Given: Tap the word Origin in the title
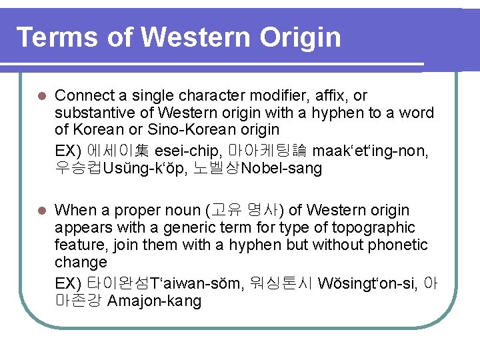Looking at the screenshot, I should click(300, 39).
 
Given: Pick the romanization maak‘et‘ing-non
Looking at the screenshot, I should click(371, 151).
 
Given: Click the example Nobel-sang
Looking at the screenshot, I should click(282, 169).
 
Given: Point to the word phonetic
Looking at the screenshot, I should click(393, 245).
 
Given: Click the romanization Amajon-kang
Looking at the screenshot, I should click(154, 301).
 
